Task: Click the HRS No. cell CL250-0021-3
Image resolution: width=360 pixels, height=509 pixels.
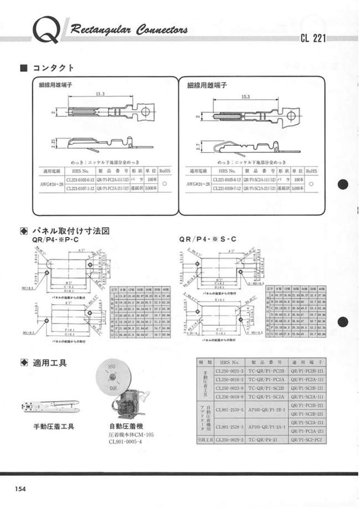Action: (229, 370)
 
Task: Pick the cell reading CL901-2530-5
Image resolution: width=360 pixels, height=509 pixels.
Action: (229, 410)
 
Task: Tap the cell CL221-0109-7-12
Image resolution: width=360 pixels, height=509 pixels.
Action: (229, 189)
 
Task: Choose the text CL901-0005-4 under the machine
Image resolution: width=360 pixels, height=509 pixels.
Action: (125, 442)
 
